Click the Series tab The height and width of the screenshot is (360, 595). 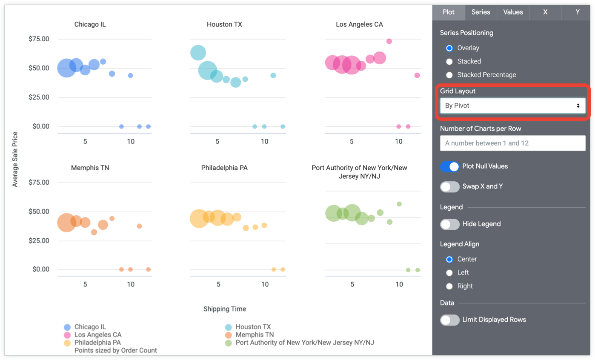point(481,12)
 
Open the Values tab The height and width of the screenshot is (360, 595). point(513,12)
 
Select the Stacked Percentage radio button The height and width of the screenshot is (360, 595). point(449,75)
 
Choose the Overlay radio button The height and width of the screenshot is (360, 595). point(449,48)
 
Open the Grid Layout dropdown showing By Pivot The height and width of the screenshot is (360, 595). point(512,106)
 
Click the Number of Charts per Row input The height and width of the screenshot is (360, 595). point(512,143)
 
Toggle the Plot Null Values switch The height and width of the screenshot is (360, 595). point(450,166)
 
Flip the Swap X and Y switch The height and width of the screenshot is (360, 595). point(450,186)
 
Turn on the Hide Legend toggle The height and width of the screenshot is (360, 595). point(450,224)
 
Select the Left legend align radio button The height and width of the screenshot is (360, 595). point(449,273)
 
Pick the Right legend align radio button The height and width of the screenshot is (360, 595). point(449,286)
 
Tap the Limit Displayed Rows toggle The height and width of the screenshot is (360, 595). point(450,320)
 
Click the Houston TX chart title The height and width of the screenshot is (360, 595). point(224,24)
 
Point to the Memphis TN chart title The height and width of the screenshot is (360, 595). point(90,168)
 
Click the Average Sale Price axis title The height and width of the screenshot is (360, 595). point(15,160)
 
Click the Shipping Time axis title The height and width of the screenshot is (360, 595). point(224,309)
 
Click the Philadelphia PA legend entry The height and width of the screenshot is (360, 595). point(97,343)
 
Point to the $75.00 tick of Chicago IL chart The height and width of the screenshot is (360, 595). point(39,39)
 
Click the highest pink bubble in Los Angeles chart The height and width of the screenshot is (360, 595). point(389,41)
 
